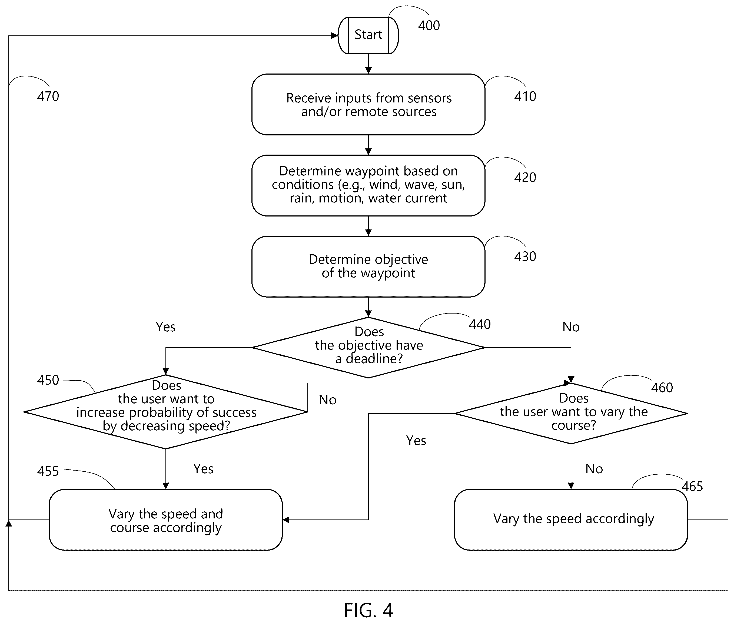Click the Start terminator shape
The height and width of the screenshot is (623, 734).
(x=368, y=35)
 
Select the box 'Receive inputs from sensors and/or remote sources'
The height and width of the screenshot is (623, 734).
(x=368, y=105)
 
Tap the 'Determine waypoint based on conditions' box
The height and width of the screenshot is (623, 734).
(x=368, y=185)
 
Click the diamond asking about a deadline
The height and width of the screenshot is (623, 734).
(x=368, y=348)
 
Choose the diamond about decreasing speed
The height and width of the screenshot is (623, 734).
(x=166, y=412)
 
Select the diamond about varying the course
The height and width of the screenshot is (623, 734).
(x=571, y=413)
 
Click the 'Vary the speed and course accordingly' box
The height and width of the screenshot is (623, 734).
(x=166, y=520)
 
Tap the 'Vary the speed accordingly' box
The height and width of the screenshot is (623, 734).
(x=571, y=520)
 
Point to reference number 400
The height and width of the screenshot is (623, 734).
(x=429, y=25)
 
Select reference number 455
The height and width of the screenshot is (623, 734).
(x=48, y=471)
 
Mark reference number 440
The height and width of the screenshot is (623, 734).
(x=480, y=324)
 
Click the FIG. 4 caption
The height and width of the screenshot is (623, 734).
(x=368, y=610)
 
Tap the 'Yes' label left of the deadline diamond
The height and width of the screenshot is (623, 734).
(x=166, y=327)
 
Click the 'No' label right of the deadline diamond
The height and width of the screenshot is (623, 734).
(x=571, y=327)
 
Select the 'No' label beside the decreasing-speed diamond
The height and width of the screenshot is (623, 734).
(x=327, y=400)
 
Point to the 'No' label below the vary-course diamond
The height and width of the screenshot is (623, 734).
(x=594, y=469)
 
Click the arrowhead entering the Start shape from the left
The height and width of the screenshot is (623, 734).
(x=334, y=36)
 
